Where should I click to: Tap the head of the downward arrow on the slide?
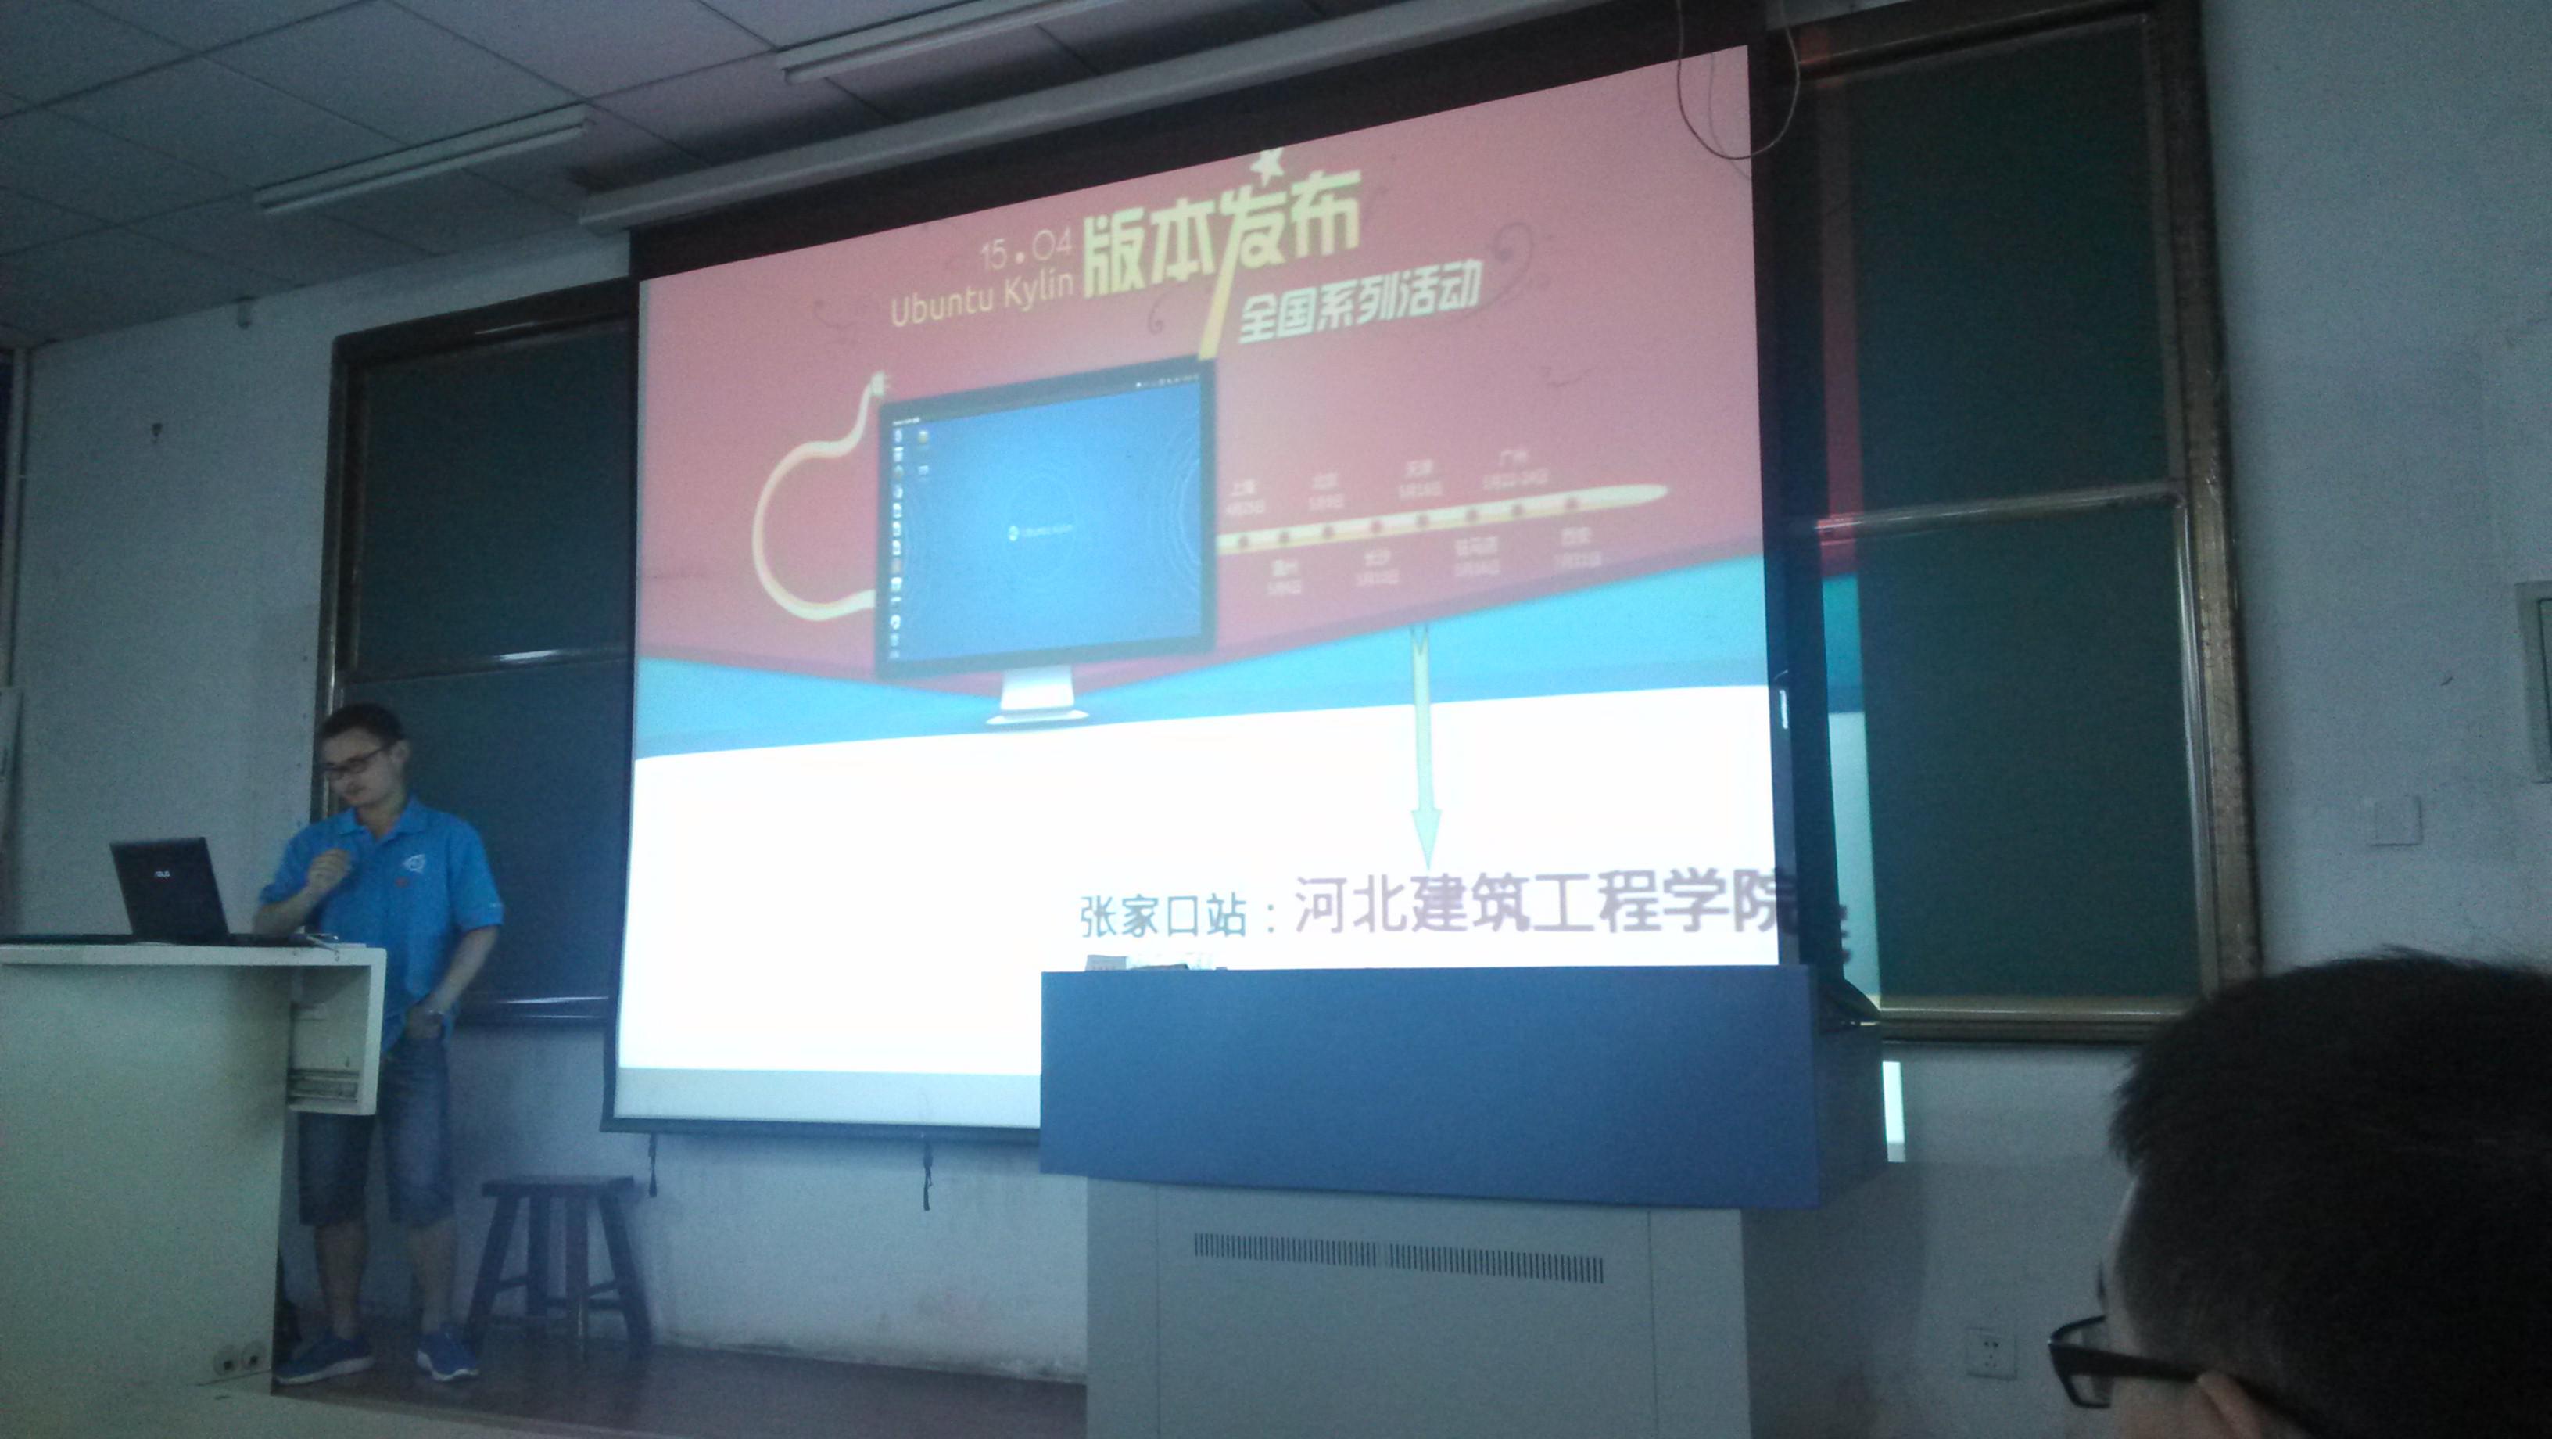tap(1427, 842)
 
